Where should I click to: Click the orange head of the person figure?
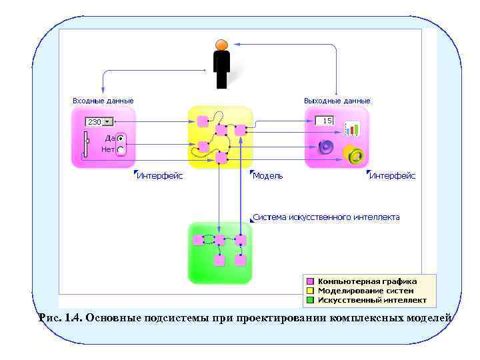coord(221,45)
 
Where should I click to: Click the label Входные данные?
coord(103,101)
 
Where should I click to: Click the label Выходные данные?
coord(337,101)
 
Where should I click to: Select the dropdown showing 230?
coord(99,122)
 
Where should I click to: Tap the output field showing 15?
coord(324,121)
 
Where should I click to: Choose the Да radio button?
coord(121,139)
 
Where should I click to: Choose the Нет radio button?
coord(121,150)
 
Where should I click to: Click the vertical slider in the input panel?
coord(85,144)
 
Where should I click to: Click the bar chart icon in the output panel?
coord(351,129)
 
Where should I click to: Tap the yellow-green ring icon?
coord(354,155)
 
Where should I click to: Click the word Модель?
coord(267,176)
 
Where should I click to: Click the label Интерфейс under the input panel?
coord(159,176)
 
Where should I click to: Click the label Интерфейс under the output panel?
coord(392,176)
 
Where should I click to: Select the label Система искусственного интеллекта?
coord(327,217)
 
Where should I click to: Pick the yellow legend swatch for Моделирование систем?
coord(309,291)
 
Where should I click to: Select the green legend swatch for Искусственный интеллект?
coord(309,300)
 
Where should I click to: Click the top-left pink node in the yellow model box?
coord(203,121)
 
